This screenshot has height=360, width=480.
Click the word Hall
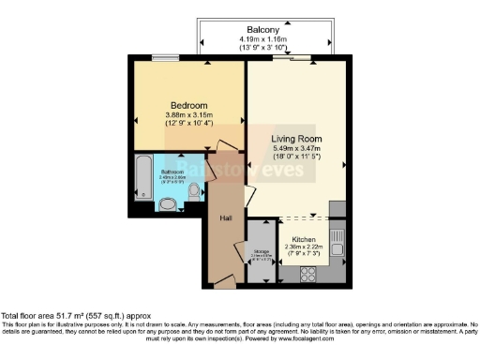pyautogui.click(x=225, y=217)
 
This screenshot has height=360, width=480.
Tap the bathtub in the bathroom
pyautogui.click(x=142, y=178)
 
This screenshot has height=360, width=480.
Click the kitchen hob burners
pyautogui.click(x=307, y=275)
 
